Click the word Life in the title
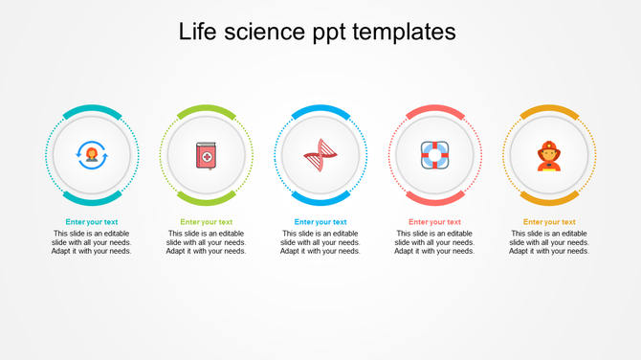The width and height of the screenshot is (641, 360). click(196, 32)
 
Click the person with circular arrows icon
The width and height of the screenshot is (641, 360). click(92, 155)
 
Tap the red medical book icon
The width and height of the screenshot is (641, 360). click(206, 155)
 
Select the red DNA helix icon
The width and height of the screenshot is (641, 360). click(320, 155)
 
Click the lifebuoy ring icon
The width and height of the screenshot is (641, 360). click(435, 155)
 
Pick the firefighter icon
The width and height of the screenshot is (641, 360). click(549, 155)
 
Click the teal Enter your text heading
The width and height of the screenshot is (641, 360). click(92, 222)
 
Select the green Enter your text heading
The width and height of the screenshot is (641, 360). click(206, 222)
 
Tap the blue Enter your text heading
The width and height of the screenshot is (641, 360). click(320, 222)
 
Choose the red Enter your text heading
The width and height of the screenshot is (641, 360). click(435, 222)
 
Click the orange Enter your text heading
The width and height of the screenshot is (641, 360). click(549, 222)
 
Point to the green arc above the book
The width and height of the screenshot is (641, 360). click(206, 109)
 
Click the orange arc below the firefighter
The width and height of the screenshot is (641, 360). click(549, 201)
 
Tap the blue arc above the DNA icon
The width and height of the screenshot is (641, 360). click(320, 109)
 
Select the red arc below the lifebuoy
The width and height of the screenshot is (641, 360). click(435, 201)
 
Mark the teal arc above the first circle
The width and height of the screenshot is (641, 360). click(92, 109)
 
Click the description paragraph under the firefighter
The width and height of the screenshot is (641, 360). click(549, 242)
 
